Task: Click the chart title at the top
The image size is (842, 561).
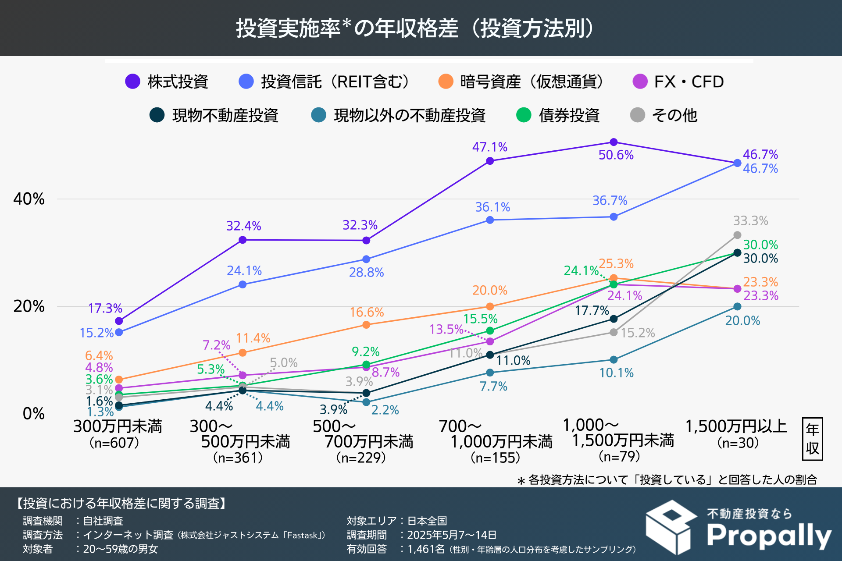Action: [x=415, y=28]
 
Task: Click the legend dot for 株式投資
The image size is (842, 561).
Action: [x=132, y=82]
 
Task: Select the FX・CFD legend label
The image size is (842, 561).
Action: [x=689, y=82]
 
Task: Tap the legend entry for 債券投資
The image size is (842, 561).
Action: [x=569, y=115]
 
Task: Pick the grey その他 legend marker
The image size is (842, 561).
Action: [x=637, y=115]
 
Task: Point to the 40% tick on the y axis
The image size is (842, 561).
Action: [x=29, y=199]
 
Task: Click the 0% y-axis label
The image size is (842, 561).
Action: [x=33, y=413]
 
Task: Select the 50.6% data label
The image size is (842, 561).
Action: [x=616, y=155]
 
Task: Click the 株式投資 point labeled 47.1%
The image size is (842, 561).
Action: [x=490, y=161]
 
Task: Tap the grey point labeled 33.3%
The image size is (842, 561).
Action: [x=737, y=235]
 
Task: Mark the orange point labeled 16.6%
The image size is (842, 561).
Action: [x=366, y=325]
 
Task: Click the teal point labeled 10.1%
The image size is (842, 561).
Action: [x=614, y=360]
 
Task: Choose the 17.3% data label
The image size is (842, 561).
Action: [x=105, y=309]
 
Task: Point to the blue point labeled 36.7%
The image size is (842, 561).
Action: [x=614, y=217]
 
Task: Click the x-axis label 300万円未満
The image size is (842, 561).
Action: [x=118, y=426]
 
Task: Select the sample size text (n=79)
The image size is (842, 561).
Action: [x=619, y=456]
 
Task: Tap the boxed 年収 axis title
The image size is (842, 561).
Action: [x=812, y=439]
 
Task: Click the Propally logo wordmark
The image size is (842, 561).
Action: [x=769, y=536]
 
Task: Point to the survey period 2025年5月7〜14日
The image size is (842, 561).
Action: [x=452, y=535]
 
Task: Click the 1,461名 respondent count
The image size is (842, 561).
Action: [x=426, y=549]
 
